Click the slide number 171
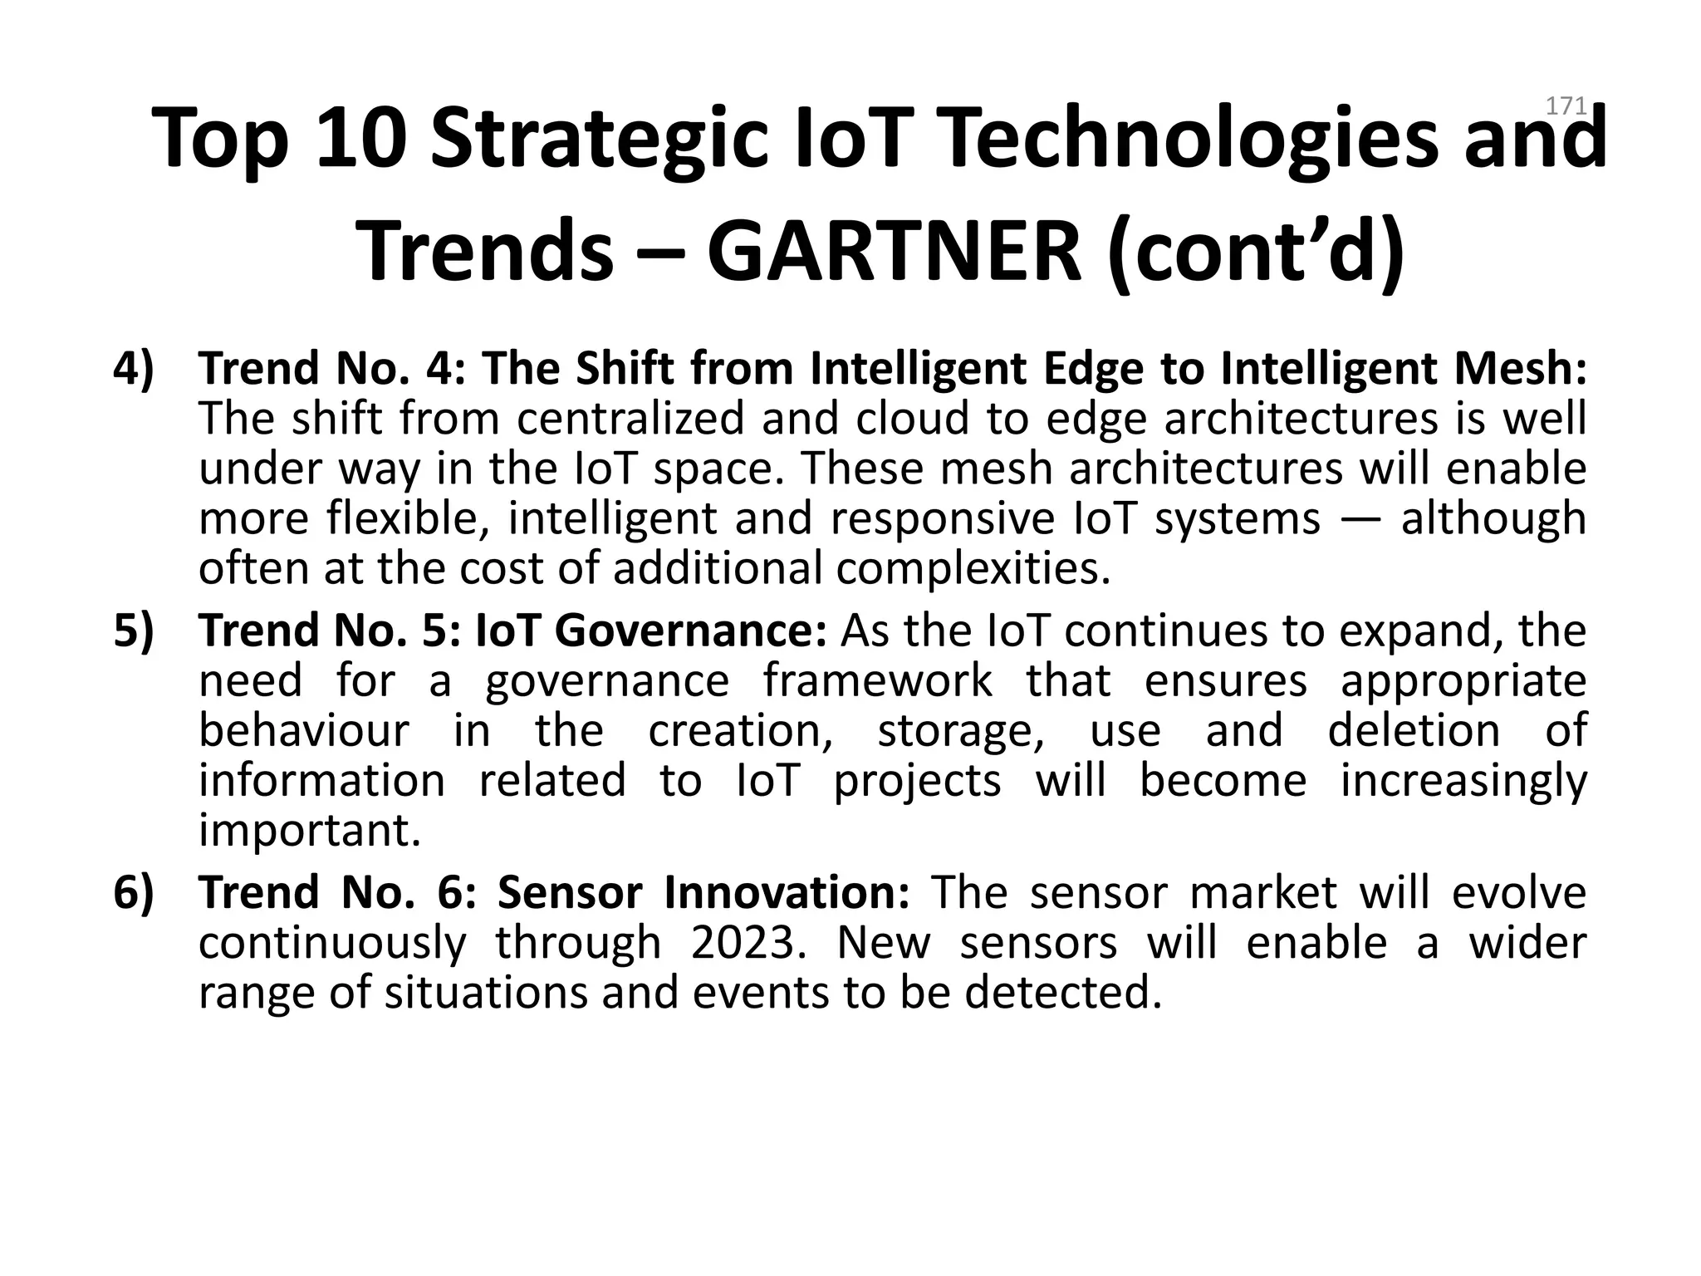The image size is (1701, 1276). [1566, 106]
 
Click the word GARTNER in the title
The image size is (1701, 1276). [895, 251]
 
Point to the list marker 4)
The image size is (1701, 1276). [134, 369]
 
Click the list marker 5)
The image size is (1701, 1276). [134, 631]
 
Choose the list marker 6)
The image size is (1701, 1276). [134, 893]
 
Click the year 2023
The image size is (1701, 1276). [748, 943]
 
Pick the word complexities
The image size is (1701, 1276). [973, 568]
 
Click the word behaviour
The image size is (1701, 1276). [304, 731]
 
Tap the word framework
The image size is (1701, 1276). [877, 681]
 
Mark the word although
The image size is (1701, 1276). [1493, 518]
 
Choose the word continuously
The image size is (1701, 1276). [332, 943]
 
